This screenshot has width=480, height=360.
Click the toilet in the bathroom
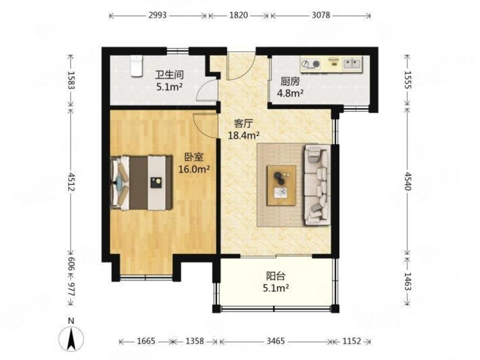136,66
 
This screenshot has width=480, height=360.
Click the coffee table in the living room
281,185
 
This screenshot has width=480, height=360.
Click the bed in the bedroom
141,183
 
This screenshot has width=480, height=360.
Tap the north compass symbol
71,338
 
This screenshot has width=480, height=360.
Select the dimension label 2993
158,15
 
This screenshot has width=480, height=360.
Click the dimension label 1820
239,15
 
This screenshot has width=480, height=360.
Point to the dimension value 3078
321,15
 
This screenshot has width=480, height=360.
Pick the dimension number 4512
71,182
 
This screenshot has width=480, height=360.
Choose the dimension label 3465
275,341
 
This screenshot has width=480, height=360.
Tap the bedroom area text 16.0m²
194,169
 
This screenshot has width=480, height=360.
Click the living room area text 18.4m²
244,135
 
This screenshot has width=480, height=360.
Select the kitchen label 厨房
290,82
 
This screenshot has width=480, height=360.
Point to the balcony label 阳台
275,276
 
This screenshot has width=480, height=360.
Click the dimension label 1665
146,341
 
